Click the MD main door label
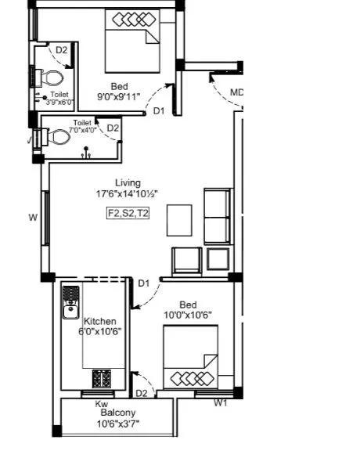click(236, 92)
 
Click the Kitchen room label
click(100, 321)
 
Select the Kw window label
click(102, 403)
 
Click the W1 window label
click(221, 403)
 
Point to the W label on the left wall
click(33, 218)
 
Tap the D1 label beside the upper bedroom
click(159, 111)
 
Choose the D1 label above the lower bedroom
click(144, 283)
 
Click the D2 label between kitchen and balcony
click(142, 393)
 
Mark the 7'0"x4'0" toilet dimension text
click(83, 130)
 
